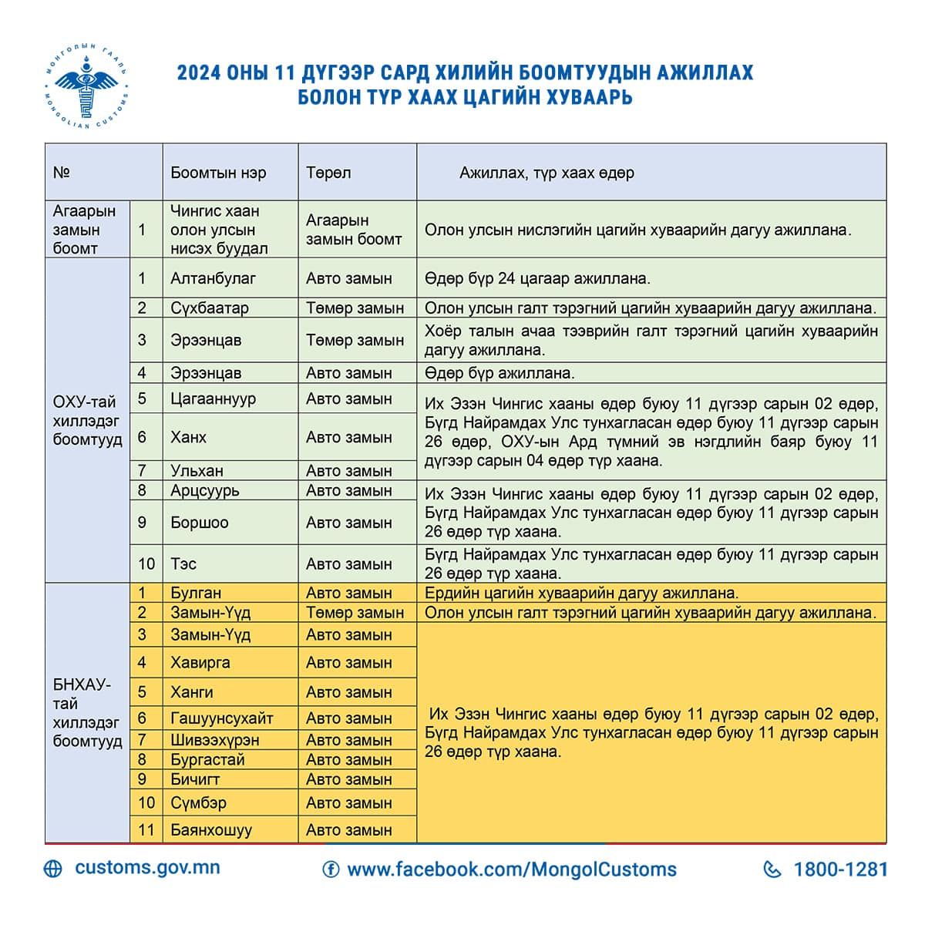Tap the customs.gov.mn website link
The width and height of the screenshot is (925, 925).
tap(146, 867)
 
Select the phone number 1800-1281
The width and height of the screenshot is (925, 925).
tap(840, 869)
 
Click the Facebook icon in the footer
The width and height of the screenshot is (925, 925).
tap(331, 869)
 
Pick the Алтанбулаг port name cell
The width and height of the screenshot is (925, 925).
tap(213, 278)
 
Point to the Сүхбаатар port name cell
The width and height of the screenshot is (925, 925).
tap(210, 308)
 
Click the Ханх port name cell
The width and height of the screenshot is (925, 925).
tap(189, 437)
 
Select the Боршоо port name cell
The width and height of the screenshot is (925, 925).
tap(200, 523)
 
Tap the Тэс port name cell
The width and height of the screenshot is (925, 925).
tap(183, 564)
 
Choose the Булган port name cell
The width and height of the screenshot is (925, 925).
tap(196, 593)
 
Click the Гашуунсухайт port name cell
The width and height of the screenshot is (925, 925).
tap(222, 718)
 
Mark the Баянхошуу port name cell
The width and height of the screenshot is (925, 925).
tap(211, 830)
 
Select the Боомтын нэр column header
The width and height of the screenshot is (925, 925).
tap(218, 173)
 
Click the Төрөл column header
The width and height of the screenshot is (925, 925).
tap(328, 173)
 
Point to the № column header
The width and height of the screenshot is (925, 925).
tap(62, 173)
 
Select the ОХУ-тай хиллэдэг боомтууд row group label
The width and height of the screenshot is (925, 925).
tap(87, 421)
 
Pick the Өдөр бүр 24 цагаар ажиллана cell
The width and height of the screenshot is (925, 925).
tap(537, 278)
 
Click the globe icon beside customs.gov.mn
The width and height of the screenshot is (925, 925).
tap(53, 869)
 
